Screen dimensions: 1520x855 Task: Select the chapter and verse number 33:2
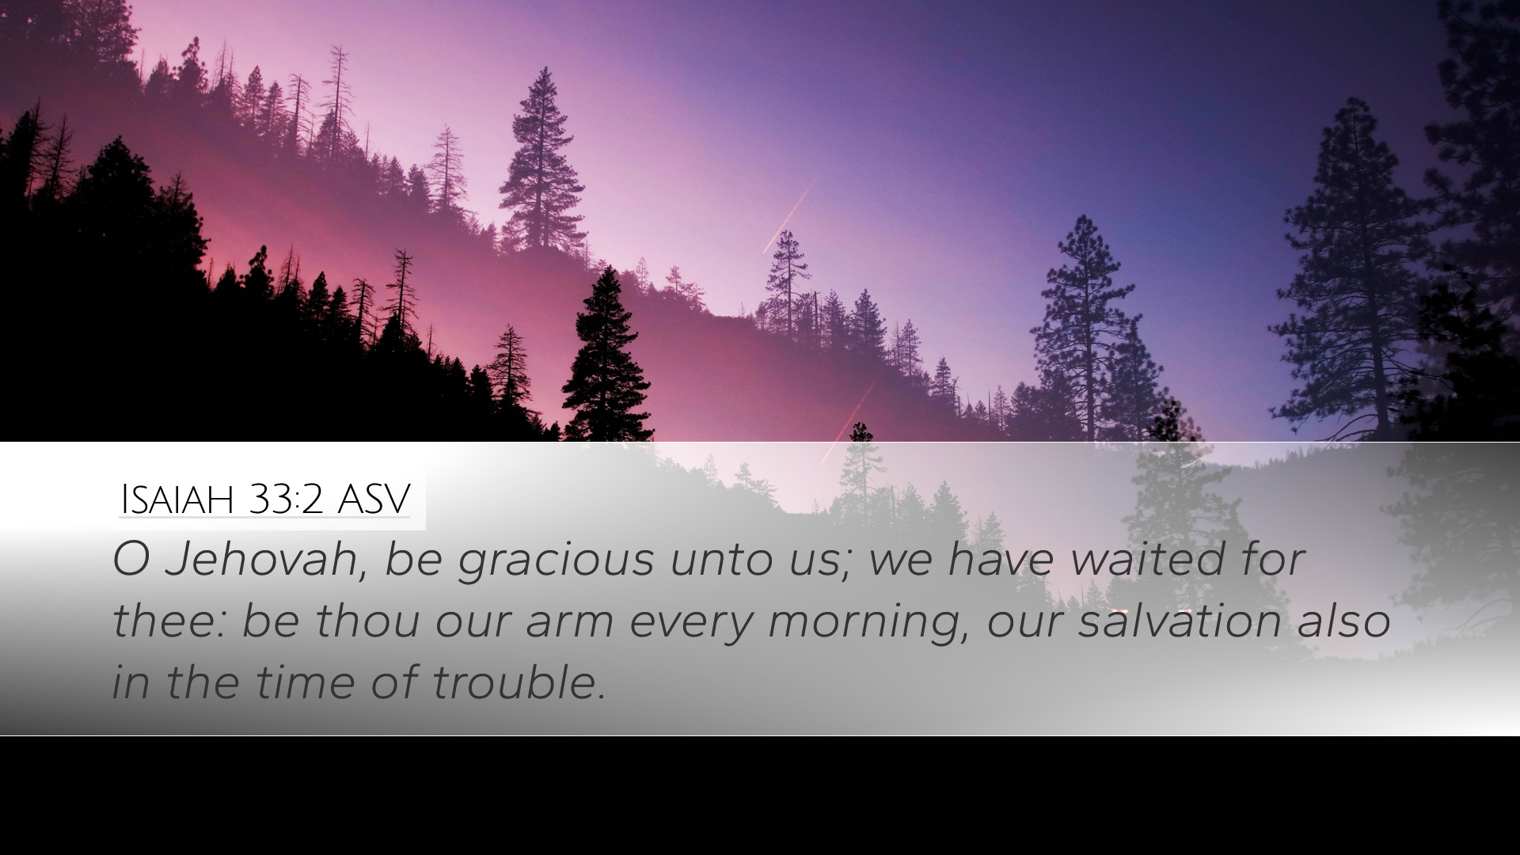286,500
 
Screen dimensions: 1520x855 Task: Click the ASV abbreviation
374,500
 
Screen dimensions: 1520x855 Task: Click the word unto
717,563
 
